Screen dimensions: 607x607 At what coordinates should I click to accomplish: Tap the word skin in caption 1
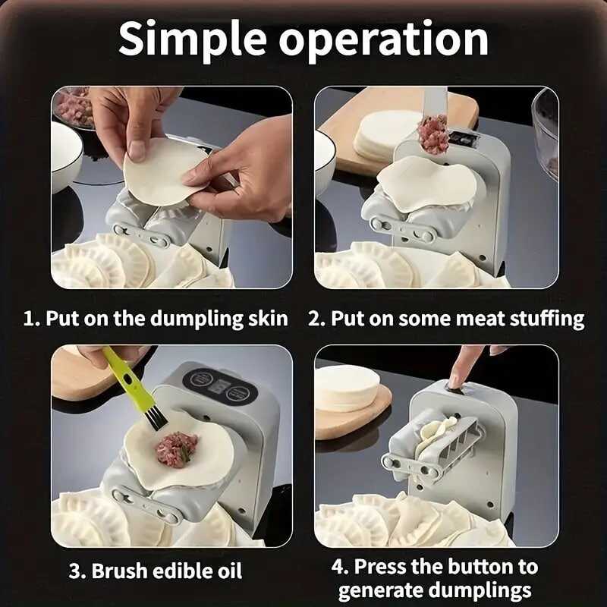point(266,317)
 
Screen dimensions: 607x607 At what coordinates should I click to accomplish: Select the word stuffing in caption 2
point(546,317)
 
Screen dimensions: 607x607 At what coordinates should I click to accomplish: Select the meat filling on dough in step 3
point(176,448)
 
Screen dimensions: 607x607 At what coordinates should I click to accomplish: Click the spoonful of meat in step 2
point(433,134)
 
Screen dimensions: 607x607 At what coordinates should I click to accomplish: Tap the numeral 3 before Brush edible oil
point(74,571)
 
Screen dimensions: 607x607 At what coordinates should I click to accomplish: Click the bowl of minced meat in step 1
point(74,106)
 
